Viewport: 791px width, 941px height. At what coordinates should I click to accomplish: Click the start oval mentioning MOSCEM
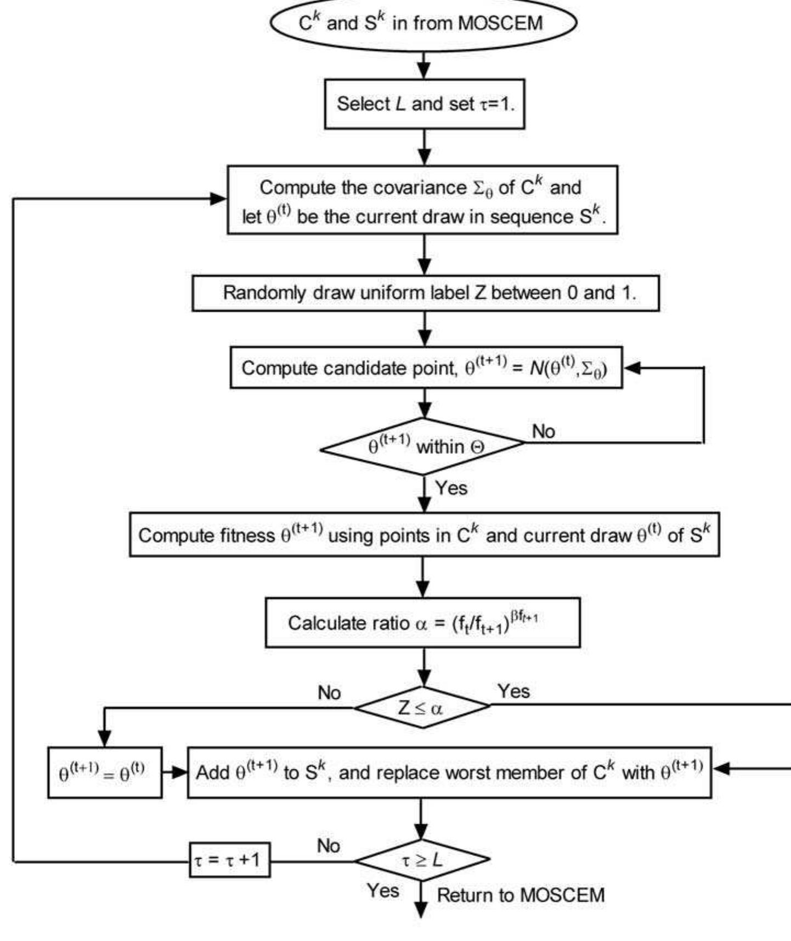423,24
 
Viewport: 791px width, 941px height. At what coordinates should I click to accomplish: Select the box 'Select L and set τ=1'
425,104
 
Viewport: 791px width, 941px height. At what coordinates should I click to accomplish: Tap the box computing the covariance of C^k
422,201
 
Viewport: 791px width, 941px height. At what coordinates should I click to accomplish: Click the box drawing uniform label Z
425,293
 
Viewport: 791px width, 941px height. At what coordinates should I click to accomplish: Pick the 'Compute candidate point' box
426,368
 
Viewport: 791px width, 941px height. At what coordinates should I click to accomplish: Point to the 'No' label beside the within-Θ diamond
543,432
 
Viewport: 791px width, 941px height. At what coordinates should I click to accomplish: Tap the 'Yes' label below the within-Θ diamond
451,488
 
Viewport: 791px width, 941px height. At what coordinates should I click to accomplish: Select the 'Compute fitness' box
423,535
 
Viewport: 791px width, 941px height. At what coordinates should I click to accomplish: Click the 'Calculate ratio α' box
422,623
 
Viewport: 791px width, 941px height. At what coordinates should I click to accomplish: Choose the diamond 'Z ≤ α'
421,708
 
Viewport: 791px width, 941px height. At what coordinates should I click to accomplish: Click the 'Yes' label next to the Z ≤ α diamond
513,692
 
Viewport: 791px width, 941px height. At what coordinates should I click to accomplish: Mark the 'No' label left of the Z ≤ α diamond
329,693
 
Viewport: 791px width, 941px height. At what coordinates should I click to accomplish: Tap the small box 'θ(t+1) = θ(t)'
104,773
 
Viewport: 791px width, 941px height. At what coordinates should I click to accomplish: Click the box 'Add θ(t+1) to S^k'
449,773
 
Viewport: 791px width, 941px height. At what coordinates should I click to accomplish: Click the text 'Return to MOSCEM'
520,896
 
